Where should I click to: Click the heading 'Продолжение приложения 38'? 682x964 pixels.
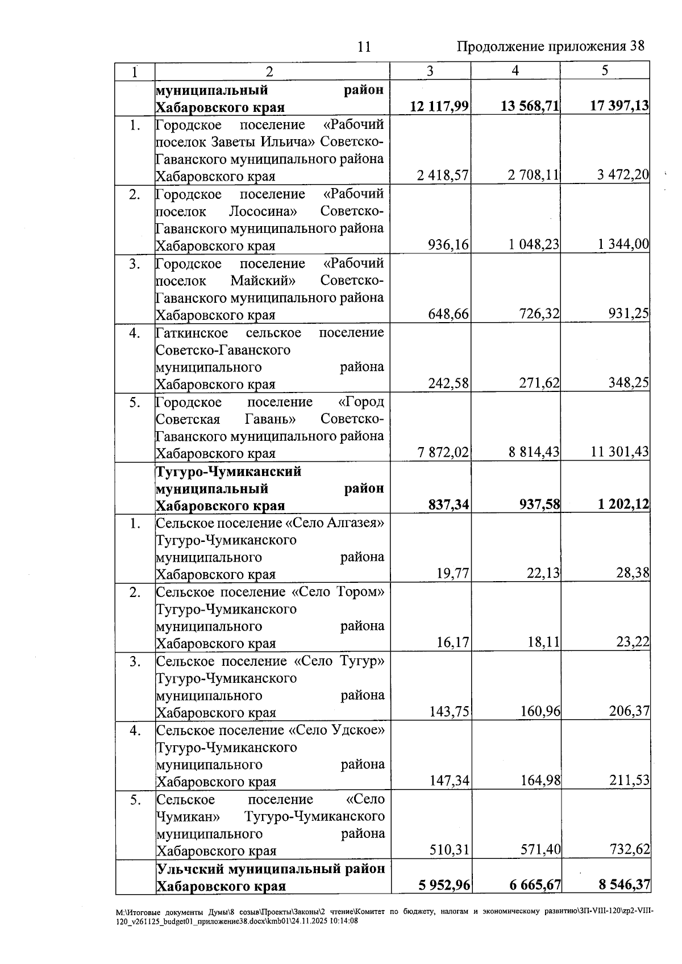coord(551,47)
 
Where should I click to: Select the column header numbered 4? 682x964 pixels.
coord(515,70)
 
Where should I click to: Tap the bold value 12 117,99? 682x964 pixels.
coord(439,106)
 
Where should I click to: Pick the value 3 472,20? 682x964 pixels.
coord(623,174)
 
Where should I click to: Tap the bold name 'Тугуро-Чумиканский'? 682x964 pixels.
coord(228,471)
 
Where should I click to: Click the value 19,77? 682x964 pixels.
coord(453,573)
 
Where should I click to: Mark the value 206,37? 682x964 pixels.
coord(629,711)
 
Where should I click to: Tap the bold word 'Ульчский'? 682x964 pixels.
coord(190,869)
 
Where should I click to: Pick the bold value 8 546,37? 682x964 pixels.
coord(624,885)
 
